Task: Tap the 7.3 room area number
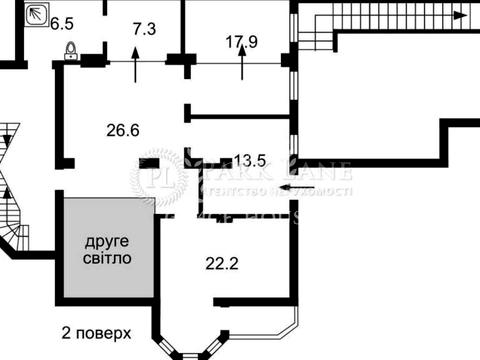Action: [x=144, y=30]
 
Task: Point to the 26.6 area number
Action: [x=122, y=128]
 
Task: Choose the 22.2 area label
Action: [x=221, y=263]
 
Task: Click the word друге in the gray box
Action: [x=106, y=241]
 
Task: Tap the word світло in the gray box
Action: [x=106, y=258]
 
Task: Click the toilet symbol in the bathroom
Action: [x=71, y=51]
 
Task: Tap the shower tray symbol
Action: [x=37, y=14]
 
